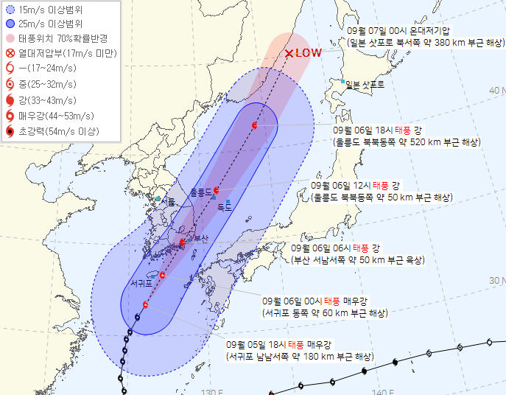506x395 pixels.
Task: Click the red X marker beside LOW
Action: (289, 53)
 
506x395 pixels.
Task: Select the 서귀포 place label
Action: (141, 282)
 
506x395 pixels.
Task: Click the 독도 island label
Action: (225, 208)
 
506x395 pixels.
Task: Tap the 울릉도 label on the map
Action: (200, 192)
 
